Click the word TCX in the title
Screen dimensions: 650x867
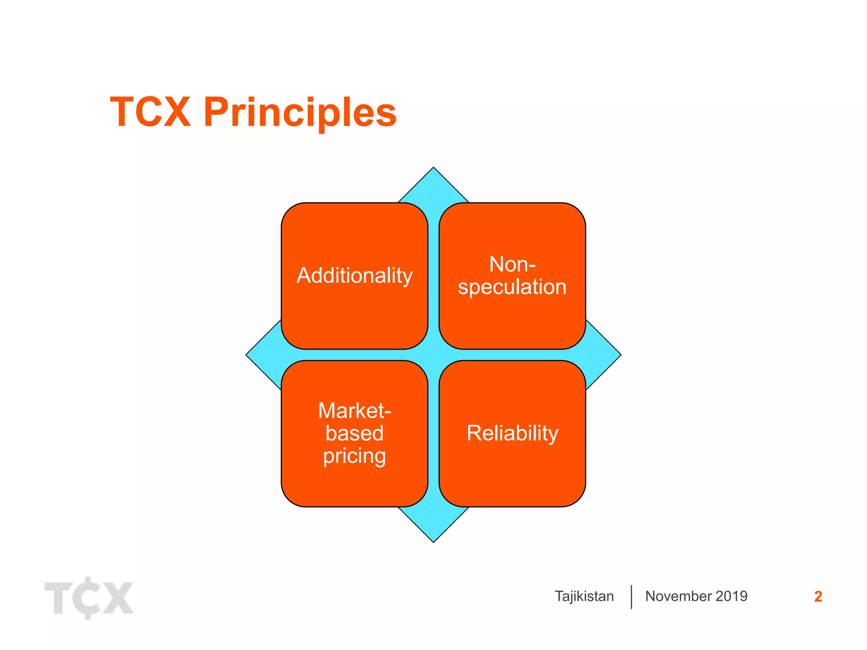(150, 112)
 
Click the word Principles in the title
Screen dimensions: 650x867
(300, 113)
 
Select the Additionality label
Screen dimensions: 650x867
(354, 276)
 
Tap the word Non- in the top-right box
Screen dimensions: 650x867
(512, 264)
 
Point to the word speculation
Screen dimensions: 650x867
(512, 287)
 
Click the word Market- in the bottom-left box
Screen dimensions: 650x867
(354, 410)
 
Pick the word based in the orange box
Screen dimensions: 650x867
(354, 433)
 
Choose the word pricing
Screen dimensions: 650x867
(354, 456)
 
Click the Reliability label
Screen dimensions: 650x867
(512, 433)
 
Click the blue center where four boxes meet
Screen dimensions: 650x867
(433, 355)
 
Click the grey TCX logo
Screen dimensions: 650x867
(89, 598)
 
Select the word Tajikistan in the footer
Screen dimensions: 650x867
(584, 596)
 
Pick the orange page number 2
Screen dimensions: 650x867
(818, 597)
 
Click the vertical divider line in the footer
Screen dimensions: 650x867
(631, 597)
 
